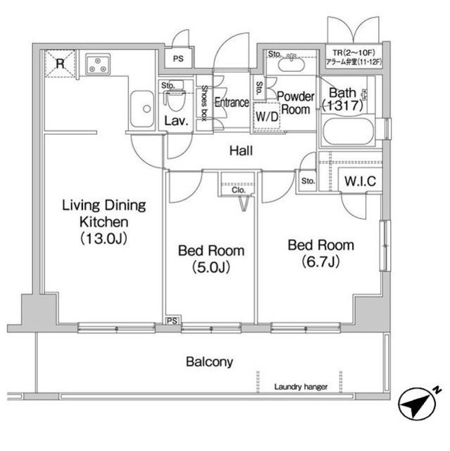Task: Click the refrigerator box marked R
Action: coord(60,63)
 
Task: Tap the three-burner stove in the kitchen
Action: coord(98,64)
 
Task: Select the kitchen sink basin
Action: coord(142,109)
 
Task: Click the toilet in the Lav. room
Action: coord(175,99)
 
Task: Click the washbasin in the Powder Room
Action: coord(292,63)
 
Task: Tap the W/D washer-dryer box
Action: coord(267,116)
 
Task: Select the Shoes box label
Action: coord(204,103)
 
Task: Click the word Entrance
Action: coord(232,103)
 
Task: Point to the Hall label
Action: coord(241,151)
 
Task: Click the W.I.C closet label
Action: coord(361,181)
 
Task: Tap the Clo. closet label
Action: coord(239,190)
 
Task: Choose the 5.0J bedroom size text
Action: coord(211,268)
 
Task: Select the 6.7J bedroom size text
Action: coord(321,261)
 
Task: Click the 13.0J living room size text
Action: coord(104,238)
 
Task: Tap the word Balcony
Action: coord(209,362)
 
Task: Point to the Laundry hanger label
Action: coord(301,387)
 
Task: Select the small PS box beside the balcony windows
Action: coord(172,321)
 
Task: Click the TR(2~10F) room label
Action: coord(354,53)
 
